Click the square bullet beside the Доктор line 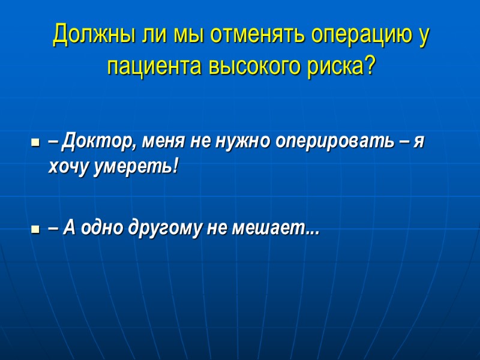pyautogui.click(x=35, y=145)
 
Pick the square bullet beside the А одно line pyautogui.click(x=35, y=229)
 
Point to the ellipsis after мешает pyautogui.click(x=312, y=232)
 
